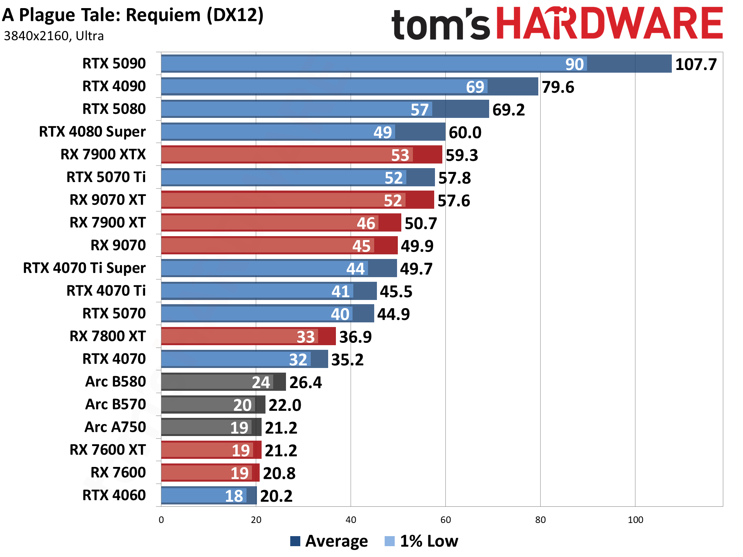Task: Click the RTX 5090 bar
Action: click(x=416, y=64)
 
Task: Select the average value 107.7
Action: click(x=696, y=65)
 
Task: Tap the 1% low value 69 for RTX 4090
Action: click(x=475, y=87)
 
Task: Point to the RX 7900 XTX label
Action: click(x=103, y=154)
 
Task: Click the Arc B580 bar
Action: click(x=223, y=382)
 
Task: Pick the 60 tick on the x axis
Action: click(x=445, y=520)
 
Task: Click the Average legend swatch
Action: click(x=295, y=541)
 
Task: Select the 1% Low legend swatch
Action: click(x=390, y=541)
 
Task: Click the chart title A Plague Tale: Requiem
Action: click(x=133, y=15)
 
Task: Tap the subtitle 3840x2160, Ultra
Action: click(x=54, y=36)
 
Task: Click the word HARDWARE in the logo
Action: click(x=609, y=24)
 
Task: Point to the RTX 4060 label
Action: click(x=114, y=495)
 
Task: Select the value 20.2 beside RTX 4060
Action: click(x=276, y=496)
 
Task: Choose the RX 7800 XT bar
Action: click(x=248, y=336)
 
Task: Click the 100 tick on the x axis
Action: click(x=635, y=520)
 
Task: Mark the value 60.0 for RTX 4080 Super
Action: click(x=465, y=133)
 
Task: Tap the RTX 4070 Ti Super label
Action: click(x=84, y=268)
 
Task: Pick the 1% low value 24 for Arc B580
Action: click(x=261, y=382)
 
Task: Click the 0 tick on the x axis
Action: click(x=161, y=520)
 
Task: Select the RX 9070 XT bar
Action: click(x=297, y=200)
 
